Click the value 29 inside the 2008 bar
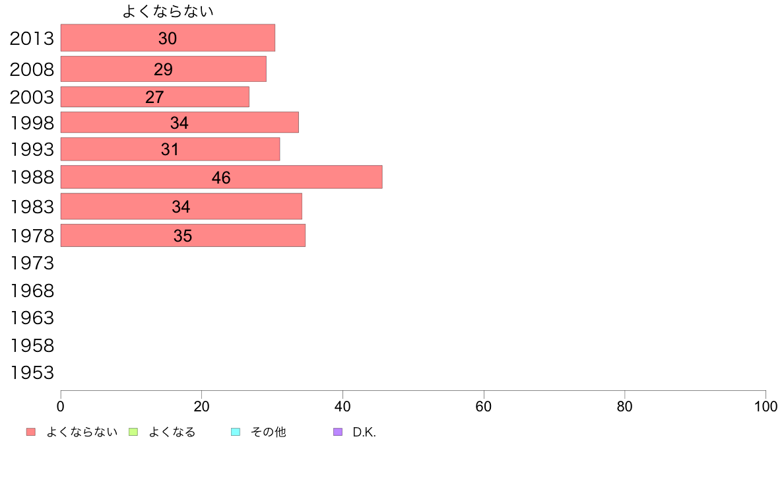click(163, 69)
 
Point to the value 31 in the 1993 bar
click(170, 149)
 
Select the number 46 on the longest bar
click(221, 178)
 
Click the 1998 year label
click(32, 123)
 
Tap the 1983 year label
click(32, 207)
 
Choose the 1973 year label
click(32, 263)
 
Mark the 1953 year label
click(32, 373)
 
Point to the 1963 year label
click(32, 318)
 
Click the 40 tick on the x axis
click(343, 407)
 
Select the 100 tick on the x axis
click(765, 407)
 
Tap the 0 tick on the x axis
click(61, 407)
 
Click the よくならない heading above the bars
click(168, 11)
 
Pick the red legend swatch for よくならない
click(30, 432)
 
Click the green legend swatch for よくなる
click(133, 432)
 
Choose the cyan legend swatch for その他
click(236, 432)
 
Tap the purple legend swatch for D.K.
click(338, 432)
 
